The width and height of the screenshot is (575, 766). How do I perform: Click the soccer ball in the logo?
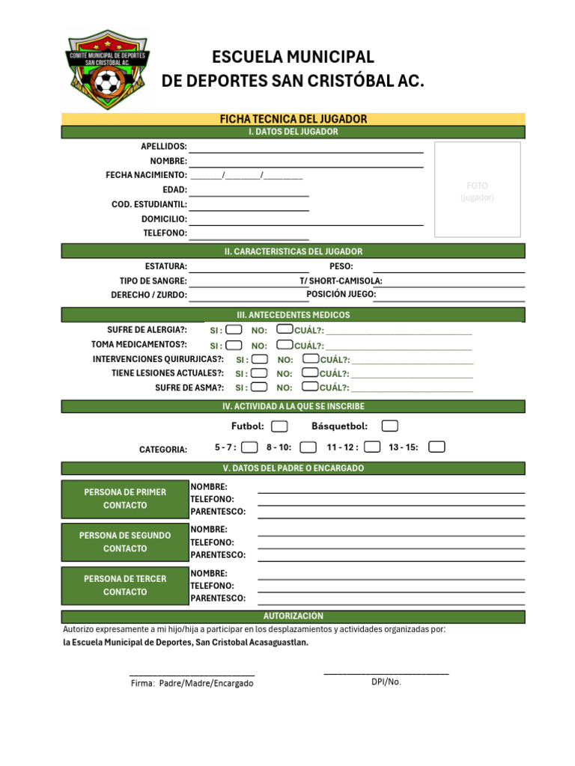[x=107, y=84]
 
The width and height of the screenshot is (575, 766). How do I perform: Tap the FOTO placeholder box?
[x=477, y=190]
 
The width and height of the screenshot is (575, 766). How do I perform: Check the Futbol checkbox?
[x=279, y=426]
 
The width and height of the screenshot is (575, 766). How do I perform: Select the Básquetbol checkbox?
[x=389, y=426]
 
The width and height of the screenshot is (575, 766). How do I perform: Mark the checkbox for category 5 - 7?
[x=250, y=447]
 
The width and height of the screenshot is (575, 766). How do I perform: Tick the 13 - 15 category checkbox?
[x=436, y=447]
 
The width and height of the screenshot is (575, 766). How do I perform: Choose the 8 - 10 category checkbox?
[x=308, y=447]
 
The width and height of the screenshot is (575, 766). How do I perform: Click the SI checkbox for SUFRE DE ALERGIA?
[x=234, y=330]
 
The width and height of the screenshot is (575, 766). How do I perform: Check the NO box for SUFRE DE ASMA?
[x=309, y=387]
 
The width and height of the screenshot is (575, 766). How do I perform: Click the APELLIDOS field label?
[x=164, y=147]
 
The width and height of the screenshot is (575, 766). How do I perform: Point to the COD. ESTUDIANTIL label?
[x=149, y=204]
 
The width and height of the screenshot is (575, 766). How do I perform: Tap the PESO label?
[x=341, y=266]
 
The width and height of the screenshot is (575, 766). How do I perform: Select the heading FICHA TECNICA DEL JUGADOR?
[x=293, y=119]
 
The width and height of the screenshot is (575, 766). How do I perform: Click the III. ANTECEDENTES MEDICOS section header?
[x=293, y=315]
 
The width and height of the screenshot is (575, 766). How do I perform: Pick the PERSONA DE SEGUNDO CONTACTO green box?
[x=125, y=542]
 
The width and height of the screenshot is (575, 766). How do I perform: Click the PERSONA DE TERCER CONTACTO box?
[x=125, y=586]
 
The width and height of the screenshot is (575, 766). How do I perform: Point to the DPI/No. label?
[x=386, y=681]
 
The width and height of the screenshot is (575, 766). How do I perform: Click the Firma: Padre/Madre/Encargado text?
[x=192, y=684]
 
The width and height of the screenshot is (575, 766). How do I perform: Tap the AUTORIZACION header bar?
[x=293, y=616]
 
